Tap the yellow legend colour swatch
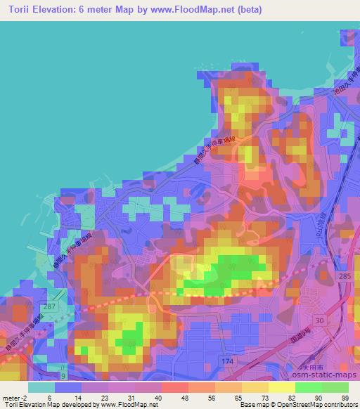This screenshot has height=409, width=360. pyautogui.click(x=281, y=387)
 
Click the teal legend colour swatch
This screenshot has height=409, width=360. pyautogui.click(x=41, y=387)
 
